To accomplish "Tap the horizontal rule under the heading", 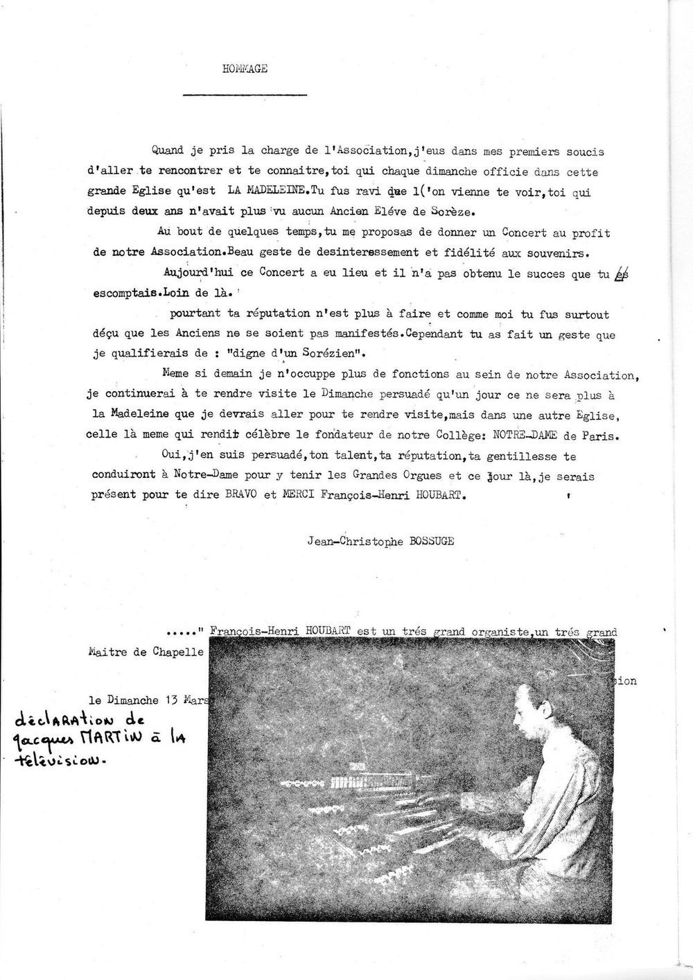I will (x=245, y=94).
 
